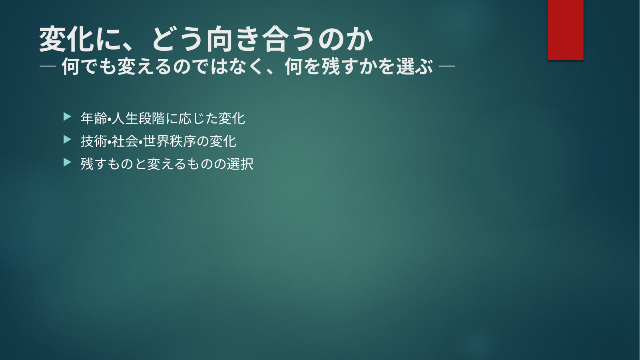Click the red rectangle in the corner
(565, 30)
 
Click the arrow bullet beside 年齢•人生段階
(67, 117)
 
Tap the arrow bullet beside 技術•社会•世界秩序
(67, 140)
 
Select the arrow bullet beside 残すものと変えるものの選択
(67, 162)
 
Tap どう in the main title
(177, 39)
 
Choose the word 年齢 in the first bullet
(94, 118)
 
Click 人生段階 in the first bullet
(138, 118)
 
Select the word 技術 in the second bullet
(94, 141)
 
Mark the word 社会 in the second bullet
(125, 141)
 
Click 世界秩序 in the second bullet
(169, 141)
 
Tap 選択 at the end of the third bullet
(240, 164)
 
